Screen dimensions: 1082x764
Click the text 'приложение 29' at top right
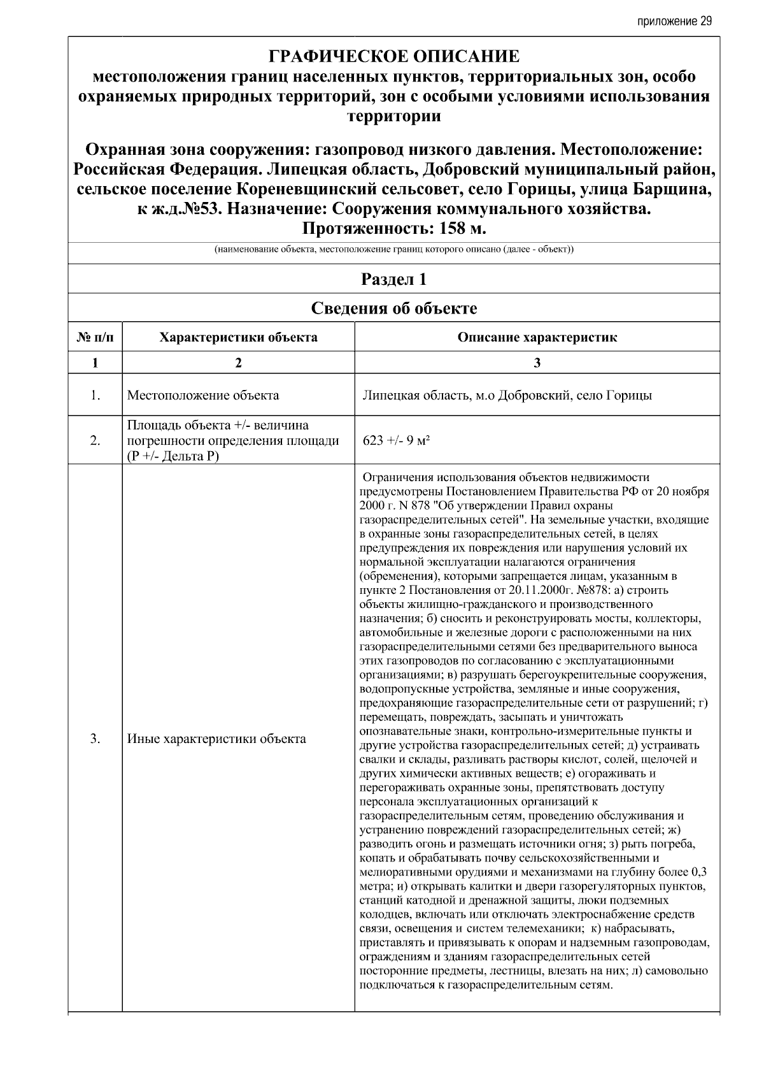[x=674, y=21]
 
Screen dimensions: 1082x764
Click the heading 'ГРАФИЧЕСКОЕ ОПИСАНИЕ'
[x=394, y=57]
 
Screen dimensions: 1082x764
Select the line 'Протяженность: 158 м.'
[x=394, y=228]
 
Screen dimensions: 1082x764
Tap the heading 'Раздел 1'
[x=394, y=279]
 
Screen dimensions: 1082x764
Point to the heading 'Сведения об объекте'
[x=394, y=308]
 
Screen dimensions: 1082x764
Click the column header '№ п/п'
[x=95, y=337]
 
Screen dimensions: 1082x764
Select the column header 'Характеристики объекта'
[x=238, y=337]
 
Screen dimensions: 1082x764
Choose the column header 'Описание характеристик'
[x=537, y=337]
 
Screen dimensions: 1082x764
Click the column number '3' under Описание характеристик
[x=537, y=363]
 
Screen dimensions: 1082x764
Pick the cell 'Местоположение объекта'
[x=203, y=395]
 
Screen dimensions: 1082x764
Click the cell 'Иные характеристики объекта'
[x=216, y=739]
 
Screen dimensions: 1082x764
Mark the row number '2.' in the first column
[x=95, y=441]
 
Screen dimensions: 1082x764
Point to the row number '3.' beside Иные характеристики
[x=95, y=739]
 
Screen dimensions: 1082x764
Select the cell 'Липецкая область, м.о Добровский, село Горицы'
[x=507, y=395]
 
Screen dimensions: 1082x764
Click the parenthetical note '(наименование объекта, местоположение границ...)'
[x=394, y=249]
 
